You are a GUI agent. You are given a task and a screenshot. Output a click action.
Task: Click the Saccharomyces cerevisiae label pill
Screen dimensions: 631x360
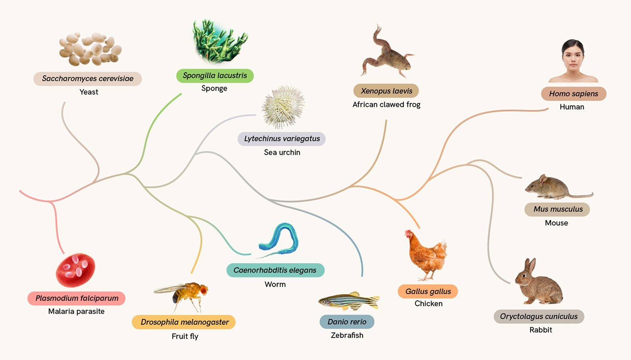(x=87, y=79)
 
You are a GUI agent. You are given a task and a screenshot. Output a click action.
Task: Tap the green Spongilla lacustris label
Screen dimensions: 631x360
(x=215, y=75)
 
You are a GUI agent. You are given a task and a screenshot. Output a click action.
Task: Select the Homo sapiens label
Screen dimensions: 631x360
(x=573, y=93)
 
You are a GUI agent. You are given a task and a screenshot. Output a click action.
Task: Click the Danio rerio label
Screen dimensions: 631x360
(x=347, y=322)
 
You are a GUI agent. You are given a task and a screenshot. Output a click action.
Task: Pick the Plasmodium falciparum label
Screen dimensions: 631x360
(x=77, y=298)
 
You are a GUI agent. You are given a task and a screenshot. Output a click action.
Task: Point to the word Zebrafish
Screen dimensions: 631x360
(x=347, y=335)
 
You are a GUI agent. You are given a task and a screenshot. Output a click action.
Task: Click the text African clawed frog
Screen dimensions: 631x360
(x=386, y=105)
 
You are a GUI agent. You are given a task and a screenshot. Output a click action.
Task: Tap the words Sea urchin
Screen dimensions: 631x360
(x=282, y=152)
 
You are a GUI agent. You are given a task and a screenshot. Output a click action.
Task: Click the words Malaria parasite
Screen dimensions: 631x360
(x=76, y=311)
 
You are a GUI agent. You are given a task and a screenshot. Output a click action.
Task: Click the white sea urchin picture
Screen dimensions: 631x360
(x=283, y=107)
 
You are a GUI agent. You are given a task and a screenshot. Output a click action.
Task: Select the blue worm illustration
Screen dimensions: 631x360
(x=278, y=240)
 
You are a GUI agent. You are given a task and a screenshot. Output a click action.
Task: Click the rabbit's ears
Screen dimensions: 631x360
(x=530, y=266)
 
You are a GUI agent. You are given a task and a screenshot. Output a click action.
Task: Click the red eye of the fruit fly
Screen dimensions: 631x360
(x=204, y=289)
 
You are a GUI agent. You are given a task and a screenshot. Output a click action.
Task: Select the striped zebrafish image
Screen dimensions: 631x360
(x=349, y=301)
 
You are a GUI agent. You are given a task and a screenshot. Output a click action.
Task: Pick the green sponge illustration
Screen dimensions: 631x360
(x=219, y=41)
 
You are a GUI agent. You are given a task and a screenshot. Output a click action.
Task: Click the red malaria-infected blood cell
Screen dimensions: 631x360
(x=75, y=270)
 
